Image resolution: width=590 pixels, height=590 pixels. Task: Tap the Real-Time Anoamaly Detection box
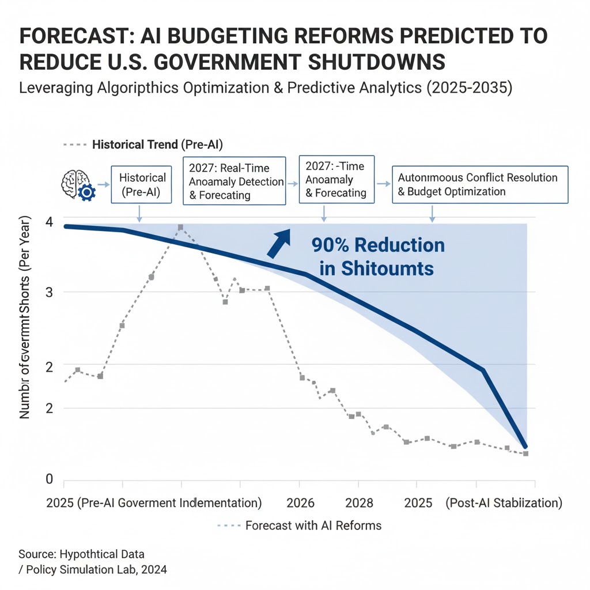(x=234, y=180)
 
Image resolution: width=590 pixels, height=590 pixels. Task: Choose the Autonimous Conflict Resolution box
(x=479, y=184)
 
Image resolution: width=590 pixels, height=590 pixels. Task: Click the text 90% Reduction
(x=378, y=245)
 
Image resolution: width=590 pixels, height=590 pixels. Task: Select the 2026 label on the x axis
(x=301, y=503)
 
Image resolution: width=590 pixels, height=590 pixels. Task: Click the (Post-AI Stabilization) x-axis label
(x=504, y=503)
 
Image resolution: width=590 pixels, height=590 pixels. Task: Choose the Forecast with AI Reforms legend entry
(x=313, y=525)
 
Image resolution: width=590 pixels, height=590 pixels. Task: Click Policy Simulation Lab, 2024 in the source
(x=93, y=570)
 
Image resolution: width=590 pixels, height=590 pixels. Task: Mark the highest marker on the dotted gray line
(x=180, y=228)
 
